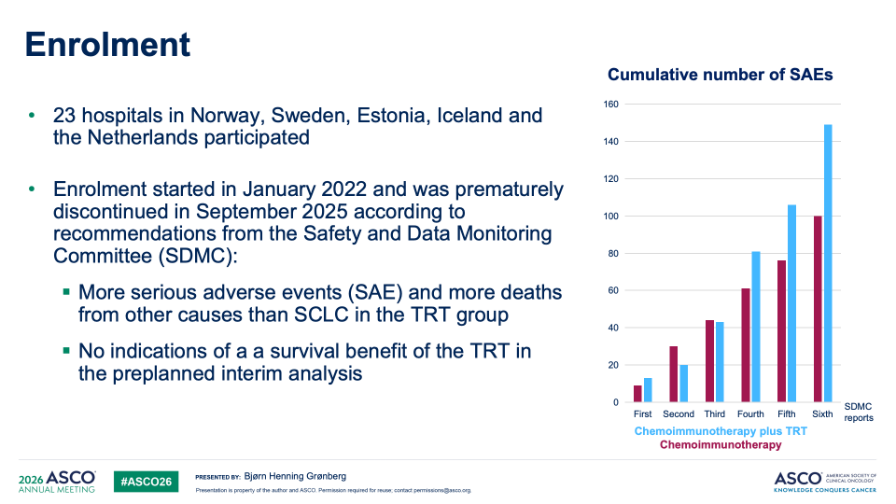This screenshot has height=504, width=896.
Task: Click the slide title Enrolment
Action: pos(107,45)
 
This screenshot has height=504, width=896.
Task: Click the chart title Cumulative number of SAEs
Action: pos(720,75)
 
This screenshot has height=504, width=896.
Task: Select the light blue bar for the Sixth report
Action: pos(828,263)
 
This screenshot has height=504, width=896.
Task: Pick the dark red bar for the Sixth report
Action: pos(818,309)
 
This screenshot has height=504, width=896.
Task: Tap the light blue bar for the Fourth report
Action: pos(756,327)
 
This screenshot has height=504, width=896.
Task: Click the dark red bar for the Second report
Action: pos(674,373)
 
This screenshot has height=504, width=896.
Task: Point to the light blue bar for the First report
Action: pos(648,390)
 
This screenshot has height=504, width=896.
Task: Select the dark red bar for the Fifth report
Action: pos(782,330)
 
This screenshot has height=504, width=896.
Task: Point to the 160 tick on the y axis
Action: pos(610,105)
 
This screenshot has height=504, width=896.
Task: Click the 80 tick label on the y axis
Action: pos(613,254)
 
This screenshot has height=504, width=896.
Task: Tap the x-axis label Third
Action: pos(714,414)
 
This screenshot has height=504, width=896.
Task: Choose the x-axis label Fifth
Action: pos(786,414)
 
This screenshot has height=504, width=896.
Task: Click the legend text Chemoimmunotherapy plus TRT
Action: pos(721,431)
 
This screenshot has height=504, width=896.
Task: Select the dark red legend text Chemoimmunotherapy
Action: pos(721,445)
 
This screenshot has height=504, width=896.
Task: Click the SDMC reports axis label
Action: pos(859,412)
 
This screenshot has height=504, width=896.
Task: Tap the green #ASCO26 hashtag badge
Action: pos(146,482)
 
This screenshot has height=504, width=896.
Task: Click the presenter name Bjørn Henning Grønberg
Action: pos(295,477)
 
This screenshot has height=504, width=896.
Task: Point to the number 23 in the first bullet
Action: pos(64,116)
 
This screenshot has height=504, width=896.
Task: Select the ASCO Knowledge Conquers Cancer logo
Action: pos(825,482)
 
